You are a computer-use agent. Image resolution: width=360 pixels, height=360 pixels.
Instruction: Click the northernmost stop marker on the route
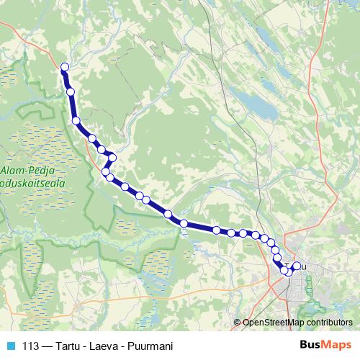pos(65,67)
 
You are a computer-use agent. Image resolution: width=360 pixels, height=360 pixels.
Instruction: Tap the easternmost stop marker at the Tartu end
pos(296,266)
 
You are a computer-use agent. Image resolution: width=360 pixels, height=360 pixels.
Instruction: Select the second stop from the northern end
pos(71,91)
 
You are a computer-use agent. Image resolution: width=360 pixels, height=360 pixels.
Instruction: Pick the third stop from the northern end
pos(76,121)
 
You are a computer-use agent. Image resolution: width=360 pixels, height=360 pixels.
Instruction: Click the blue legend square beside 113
pos(11,345)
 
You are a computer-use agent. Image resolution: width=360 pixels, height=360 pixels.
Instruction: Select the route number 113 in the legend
pos(31,345)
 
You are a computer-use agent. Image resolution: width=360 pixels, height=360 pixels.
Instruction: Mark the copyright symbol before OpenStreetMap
pos(237,322)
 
